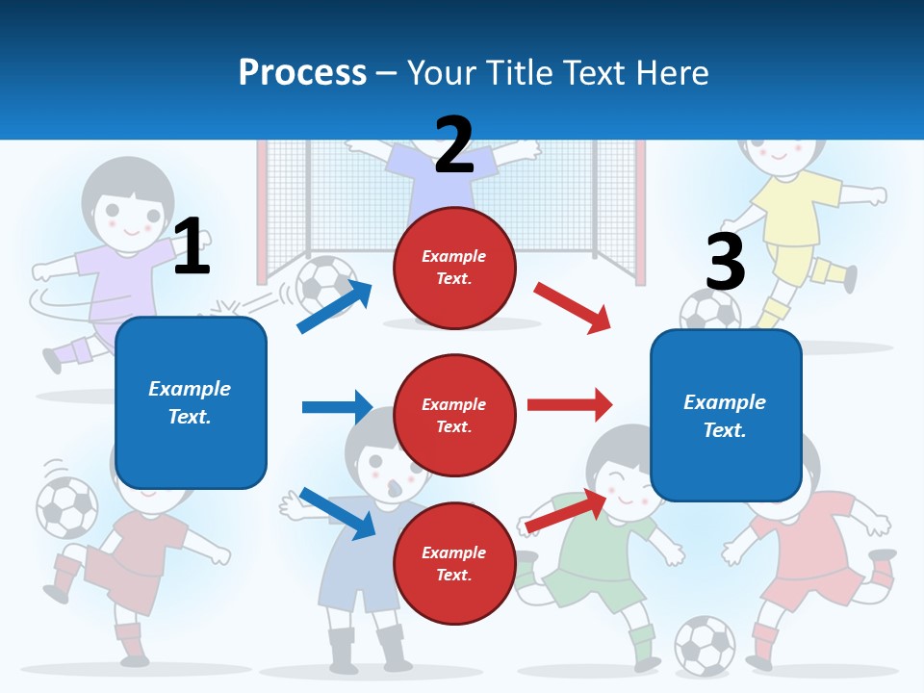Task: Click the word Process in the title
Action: (x=302, y=72)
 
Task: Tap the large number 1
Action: (x=192, y=246)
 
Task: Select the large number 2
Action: (x=454, y=144)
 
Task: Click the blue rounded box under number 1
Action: (x=191, y=402)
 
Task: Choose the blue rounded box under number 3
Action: (x=726, y=415)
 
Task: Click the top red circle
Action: (x=454, y=267)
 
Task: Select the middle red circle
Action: (x=454, y=415)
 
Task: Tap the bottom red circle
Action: (x=454, y=563)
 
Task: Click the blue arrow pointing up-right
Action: (x=335, y=306)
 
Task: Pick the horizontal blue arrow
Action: (x=337, y=407)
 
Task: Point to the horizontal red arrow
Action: (x=569, y=404)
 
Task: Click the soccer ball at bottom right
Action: (x=705, y=645)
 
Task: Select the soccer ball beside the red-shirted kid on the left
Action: (x=66, y=506)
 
